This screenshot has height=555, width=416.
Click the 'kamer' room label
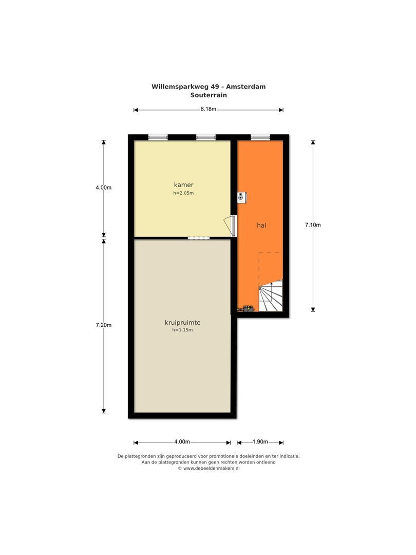183,185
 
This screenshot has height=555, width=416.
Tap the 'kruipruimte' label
182,322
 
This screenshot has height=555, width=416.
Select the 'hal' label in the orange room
261,225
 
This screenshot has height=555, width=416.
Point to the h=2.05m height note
183,193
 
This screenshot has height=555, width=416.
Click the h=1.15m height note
182,330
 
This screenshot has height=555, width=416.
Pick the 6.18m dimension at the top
209,109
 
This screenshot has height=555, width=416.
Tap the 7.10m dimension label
313,225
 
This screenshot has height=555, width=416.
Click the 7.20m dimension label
104,325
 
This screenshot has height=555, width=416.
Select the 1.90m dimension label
260,442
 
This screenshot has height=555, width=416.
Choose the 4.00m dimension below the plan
182,442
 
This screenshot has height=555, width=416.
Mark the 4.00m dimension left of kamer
104,188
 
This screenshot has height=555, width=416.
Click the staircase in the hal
271,295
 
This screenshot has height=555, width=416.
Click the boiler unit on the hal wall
242,197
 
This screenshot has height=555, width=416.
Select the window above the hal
260,137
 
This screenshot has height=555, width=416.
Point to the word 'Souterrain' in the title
209,95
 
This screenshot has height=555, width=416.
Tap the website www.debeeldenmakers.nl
211,468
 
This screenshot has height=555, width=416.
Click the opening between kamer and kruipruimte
198,238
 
